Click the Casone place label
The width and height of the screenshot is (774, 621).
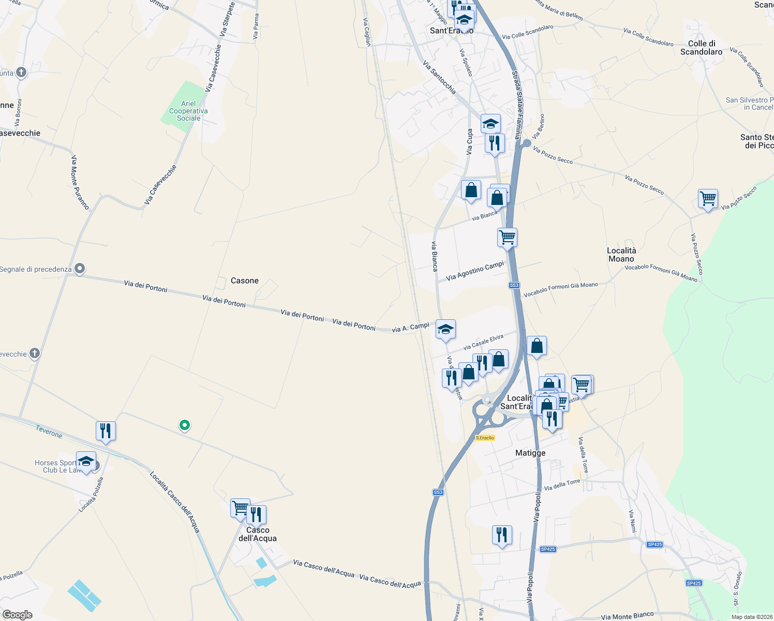[x=244, y=280]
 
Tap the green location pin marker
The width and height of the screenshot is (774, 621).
[x=184, y=425]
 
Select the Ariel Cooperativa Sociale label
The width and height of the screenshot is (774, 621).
[x=188, y=111]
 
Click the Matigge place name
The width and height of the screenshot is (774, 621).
[x=530, y=453]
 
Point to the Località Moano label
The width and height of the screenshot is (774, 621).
[x=621, y=255]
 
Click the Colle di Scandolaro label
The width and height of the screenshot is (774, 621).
[x=701, y=48]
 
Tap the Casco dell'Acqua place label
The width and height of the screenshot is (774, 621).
[x=258, y=534]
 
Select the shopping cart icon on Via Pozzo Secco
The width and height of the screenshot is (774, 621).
[x=707, y=198]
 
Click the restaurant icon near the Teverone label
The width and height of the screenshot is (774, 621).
[x=106, y=431]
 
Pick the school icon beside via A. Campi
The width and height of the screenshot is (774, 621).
[x=445, y=329]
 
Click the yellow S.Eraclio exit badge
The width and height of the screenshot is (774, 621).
[x=485, y=438]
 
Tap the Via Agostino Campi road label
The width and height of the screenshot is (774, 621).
[x=475, y=271]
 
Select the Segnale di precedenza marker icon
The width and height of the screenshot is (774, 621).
[x=80, y=269]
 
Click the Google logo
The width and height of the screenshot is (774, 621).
[x=17, y=614]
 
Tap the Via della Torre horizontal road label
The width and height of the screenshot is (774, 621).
[x=562, y=485]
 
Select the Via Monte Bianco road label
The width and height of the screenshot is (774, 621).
[x=627, y=616]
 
